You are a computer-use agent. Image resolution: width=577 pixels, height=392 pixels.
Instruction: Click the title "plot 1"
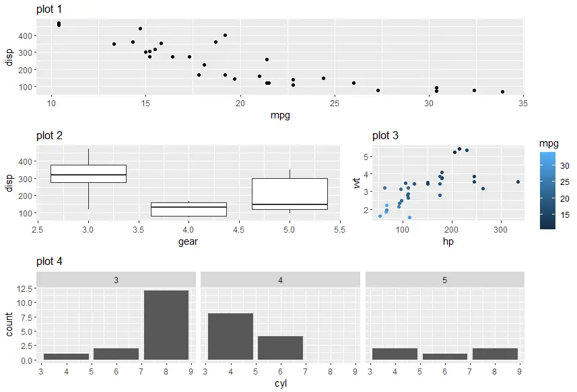tap(51, 9)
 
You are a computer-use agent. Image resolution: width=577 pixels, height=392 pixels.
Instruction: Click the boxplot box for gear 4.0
tap(189, 209)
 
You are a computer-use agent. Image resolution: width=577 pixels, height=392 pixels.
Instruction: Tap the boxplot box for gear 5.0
tap(290, 194)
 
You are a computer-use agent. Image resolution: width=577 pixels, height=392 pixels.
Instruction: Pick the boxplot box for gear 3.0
tap(88, 173)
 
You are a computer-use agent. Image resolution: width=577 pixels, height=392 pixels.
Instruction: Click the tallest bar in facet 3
tap(166, 325)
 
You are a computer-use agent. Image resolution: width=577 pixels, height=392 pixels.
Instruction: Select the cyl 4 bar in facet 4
tap(230, 336)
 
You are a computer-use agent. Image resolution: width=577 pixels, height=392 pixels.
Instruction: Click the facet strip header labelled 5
tap(444, 279)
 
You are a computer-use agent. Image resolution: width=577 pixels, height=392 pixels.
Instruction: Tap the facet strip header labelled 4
tap(280, 279)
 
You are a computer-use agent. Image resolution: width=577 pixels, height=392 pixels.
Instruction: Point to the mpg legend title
tap(549, 143)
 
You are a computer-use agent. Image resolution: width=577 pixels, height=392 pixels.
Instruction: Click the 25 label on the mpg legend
tap(565, 182)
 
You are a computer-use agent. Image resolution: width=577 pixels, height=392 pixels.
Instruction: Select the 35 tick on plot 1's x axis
tap(523, 104)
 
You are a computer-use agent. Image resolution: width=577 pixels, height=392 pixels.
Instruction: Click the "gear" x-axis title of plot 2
tap(188, 241)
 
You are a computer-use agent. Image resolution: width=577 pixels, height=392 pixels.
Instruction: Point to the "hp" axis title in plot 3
tap(447, 241)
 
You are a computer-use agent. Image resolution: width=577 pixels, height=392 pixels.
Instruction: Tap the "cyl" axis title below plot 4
tap(280, 383)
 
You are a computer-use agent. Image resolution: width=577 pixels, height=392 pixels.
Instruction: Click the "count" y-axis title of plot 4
tap(9, 324)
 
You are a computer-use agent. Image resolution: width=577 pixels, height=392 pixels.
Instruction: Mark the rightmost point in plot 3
tap(518, 182)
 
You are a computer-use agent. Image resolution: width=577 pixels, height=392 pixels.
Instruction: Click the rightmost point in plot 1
tap(502, 91)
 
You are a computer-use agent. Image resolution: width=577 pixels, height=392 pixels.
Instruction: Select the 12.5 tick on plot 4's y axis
tap(26, 288)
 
